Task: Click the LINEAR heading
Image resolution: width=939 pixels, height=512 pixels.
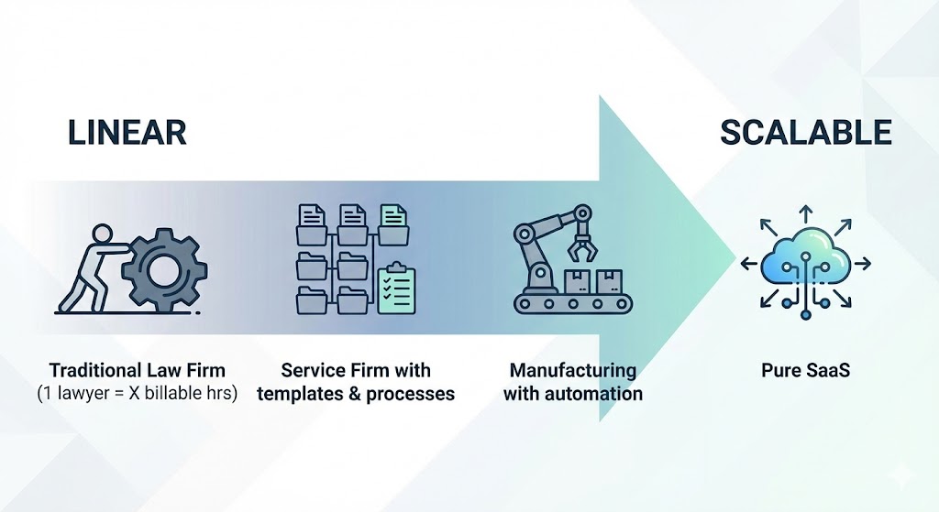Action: pos(127,133)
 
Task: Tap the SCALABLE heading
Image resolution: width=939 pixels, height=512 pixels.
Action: pos(805,133)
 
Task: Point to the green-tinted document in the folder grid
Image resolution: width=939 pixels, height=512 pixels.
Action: pos(394,221)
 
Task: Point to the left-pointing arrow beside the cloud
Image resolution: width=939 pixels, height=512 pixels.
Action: pos(748,264)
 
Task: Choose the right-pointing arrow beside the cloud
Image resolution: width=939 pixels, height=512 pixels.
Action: pos(862,264)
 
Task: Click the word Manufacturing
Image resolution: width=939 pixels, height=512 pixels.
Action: pos(572,371)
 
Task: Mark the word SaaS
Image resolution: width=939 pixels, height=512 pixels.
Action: pos(825,371)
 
